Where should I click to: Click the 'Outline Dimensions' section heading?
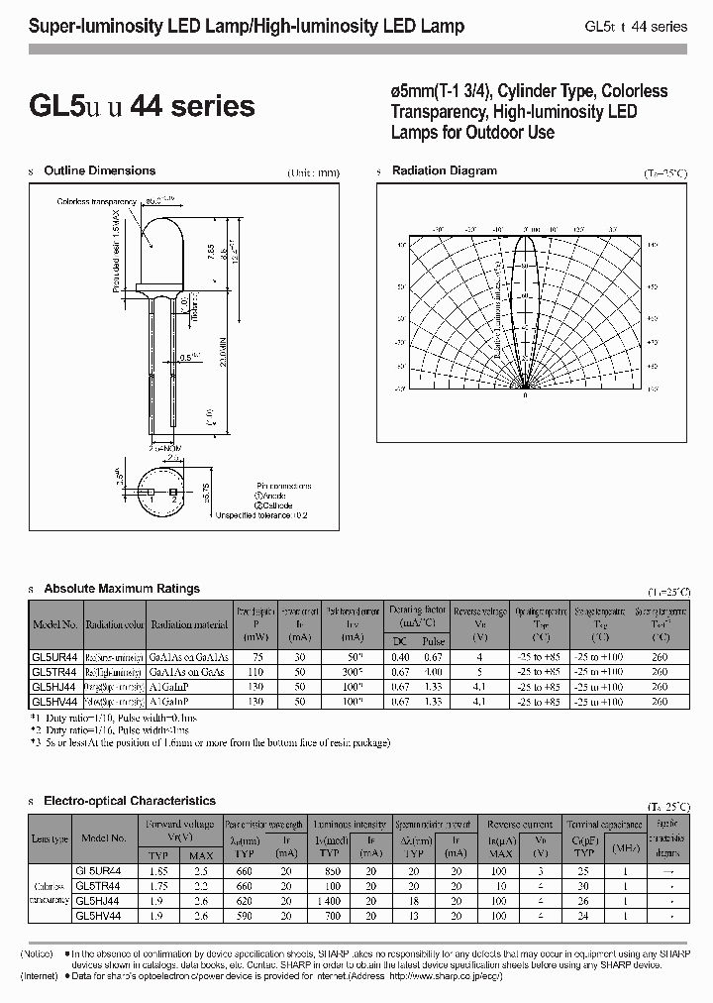(99, 170)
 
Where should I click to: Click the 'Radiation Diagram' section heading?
(445, 170)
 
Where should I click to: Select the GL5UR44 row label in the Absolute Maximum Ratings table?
(54, 656)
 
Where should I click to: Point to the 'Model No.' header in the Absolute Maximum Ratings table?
(54, 625)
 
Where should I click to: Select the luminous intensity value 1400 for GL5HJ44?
(329, 903)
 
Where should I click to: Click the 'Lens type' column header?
(50, 837)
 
